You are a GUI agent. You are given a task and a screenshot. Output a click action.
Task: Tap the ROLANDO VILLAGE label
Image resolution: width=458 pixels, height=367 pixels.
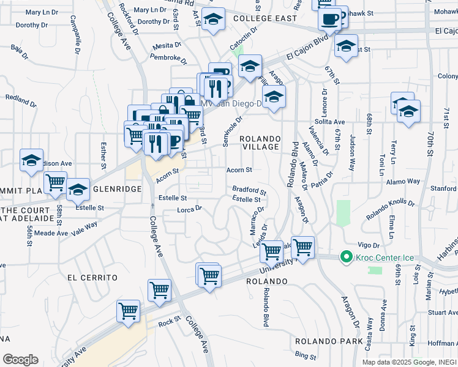(260, 143)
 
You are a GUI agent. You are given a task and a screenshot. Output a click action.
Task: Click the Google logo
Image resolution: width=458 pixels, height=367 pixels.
(20, 359)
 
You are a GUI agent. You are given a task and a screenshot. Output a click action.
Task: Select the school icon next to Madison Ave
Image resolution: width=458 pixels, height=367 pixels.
(31, 160)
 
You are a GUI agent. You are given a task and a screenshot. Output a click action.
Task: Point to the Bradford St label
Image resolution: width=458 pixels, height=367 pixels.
(249, 190)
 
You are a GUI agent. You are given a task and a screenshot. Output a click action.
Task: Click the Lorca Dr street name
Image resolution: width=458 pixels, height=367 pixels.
(189, 209)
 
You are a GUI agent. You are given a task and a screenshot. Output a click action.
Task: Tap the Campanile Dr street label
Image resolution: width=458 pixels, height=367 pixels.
(79, 39)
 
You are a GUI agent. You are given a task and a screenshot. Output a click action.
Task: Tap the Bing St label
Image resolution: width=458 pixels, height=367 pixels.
(304, 355)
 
